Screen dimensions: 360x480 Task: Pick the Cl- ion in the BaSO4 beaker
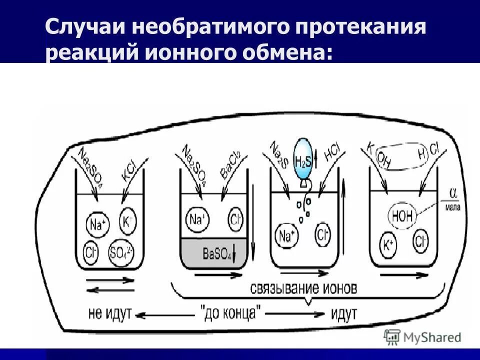[235, 219]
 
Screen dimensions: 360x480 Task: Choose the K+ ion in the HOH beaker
[389, 245]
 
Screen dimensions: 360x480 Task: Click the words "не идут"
[109, 314]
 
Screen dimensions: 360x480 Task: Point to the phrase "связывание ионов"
[303, 288]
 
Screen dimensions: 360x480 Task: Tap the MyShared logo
[422, 337]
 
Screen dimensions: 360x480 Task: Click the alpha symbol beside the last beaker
[453, 193]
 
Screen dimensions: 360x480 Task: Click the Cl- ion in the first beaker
[91, 249]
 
